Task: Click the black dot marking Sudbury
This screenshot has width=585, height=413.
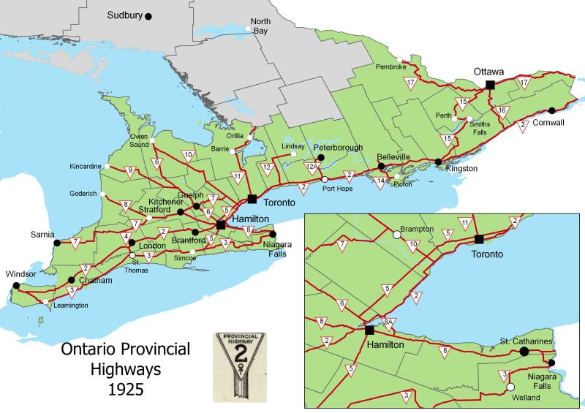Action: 148,15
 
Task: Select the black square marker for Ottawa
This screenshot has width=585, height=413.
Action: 489,86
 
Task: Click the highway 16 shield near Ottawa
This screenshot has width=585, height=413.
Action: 502,110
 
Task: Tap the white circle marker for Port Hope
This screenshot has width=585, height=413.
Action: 324,179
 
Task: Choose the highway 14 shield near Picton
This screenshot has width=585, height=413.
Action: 380,181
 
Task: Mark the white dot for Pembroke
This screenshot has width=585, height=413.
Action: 399,59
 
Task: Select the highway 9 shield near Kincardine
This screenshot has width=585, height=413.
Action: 130,172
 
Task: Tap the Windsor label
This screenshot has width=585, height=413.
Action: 20,274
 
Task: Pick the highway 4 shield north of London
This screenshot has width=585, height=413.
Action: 127,238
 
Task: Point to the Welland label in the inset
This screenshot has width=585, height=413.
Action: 526,397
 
